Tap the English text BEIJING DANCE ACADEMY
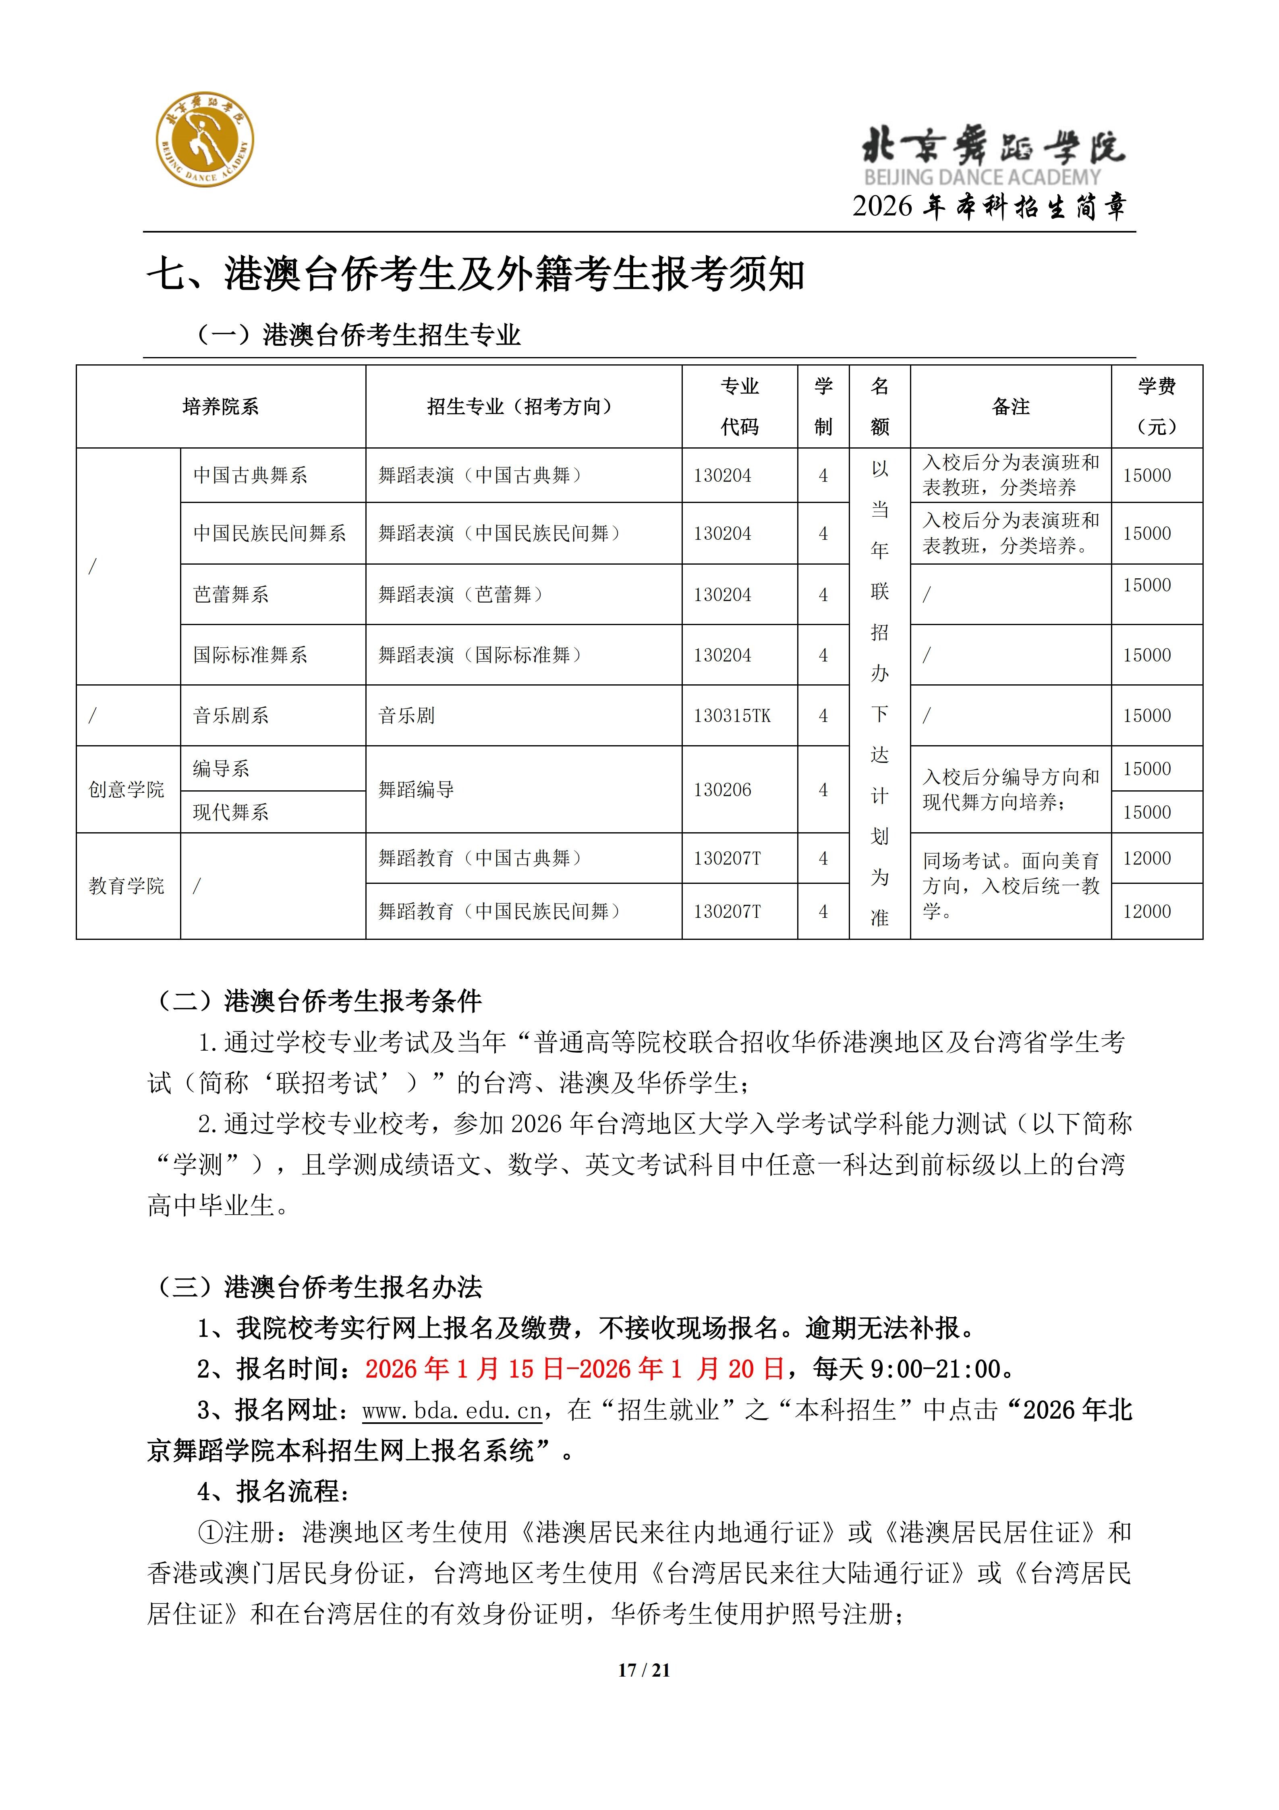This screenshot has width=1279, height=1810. [x=982, y=177]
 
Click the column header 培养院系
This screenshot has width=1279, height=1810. [x=221, y=407]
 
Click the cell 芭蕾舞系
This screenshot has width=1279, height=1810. [x=231, y=594]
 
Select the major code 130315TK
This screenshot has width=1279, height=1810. [x=732, y=716]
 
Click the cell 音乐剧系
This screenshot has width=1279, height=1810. [x=231, y=716]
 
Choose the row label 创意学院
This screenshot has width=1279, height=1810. [x=126, y=790]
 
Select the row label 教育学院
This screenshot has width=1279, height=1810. [x=126, y=886]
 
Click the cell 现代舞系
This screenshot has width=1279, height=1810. [x=231, y=812]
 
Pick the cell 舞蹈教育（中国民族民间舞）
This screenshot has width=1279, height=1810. [x=500, y=911]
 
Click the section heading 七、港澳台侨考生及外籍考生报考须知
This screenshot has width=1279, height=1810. [x=475, y=275]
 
